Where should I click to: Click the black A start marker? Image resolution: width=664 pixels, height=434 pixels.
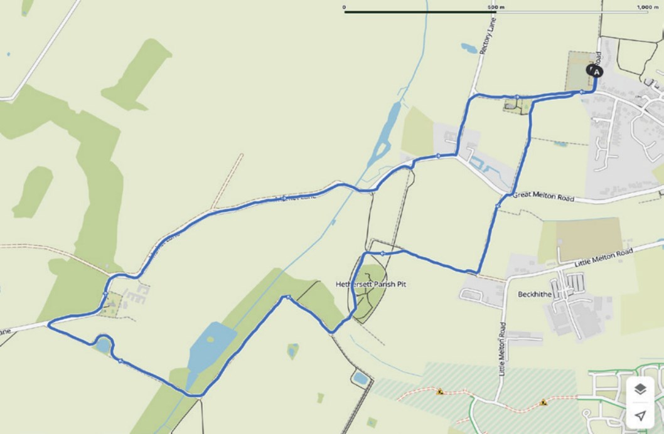[x=594, y=71]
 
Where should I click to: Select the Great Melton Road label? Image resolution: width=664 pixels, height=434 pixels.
[x=544, y=197]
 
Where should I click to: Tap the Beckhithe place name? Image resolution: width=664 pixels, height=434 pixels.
[x=533, y=294]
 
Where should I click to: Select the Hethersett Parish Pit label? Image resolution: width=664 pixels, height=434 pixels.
[x=371, y=284]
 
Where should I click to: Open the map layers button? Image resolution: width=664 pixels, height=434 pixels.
[x=640, y=389]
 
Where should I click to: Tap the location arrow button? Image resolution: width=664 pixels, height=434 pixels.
[x=640, y=416]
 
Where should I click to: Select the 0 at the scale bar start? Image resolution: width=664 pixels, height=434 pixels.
[x=345, y=7]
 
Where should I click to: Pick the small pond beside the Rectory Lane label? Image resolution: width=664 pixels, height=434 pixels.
[x=468, y=47]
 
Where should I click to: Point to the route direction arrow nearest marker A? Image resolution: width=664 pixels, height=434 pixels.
[x=582, y=92]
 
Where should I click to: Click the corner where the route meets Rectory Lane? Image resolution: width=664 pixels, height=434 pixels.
[x=474, y=96]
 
